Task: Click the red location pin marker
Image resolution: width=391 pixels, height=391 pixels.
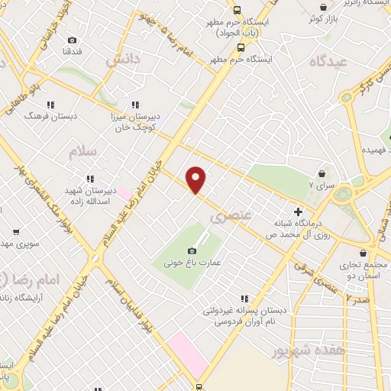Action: (x=196, y=180)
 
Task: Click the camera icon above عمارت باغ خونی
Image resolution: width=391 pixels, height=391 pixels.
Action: (x=192, y=250)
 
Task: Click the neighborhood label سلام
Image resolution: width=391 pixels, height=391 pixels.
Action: (x=82, y=151)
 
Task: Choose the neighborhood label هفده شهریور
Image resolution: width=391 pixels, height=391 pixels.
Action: (x=303, y=351)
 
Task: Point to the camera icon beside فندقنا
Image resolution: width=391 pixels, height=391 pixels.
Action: (x=72, y=40)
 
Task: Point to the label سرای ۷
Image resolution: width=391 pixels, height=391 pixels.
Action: (x=316, y=185)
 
